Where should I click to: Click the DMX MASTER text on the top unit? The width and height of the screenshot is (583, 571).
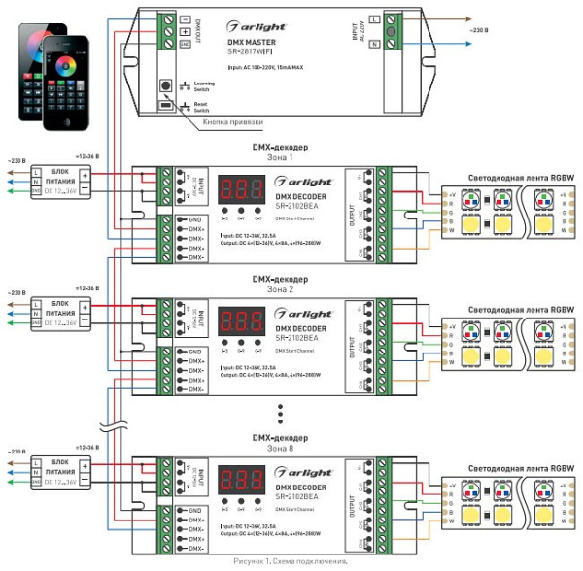(x=252, y=42)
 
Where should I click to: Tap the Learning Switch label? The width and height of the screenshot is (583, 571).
(x=205, y=86)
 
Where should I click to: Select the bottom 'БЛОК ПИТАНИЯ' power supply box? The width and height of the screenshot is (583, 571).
(x=57, y=471)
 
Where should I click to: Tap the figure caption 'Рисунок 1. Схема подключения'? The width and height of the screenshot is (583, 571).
(x=291, y=561)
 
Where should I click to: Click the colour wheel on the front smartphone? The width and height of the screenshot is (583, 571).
(x=70, y=71)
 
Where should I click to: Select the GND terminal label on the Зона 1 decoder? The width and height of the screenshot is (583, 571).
(x=194, y=220)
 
